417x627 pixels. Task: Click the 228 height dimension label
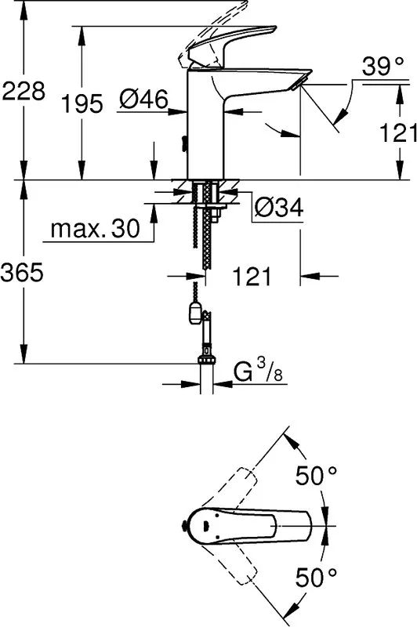[x=23, y=91]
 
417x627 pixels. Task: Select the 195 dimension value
[x=82, y=103]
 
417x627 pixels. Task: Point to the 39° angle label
[x=383, y=66]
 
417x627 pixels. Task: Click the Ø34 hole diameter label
[x=280, y=207]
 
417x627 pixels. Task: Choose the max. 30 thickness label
[x=95, y=229]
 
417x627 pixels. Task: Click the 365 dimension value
[x=22, y=274]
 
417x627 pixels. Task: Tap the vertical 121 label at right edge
[x=398, y=132]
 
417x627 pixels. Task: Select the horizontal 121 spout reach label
[x=252, y=276]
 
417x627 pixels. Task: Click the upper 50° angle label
[x=316, y=476]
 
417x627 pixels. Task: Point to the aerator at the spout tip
[x=296, y=84]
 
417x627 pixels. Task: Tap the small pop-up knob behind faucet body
[x=184, y=144]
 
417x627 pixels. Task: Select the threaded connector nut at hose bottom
[x=207, y=358]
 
